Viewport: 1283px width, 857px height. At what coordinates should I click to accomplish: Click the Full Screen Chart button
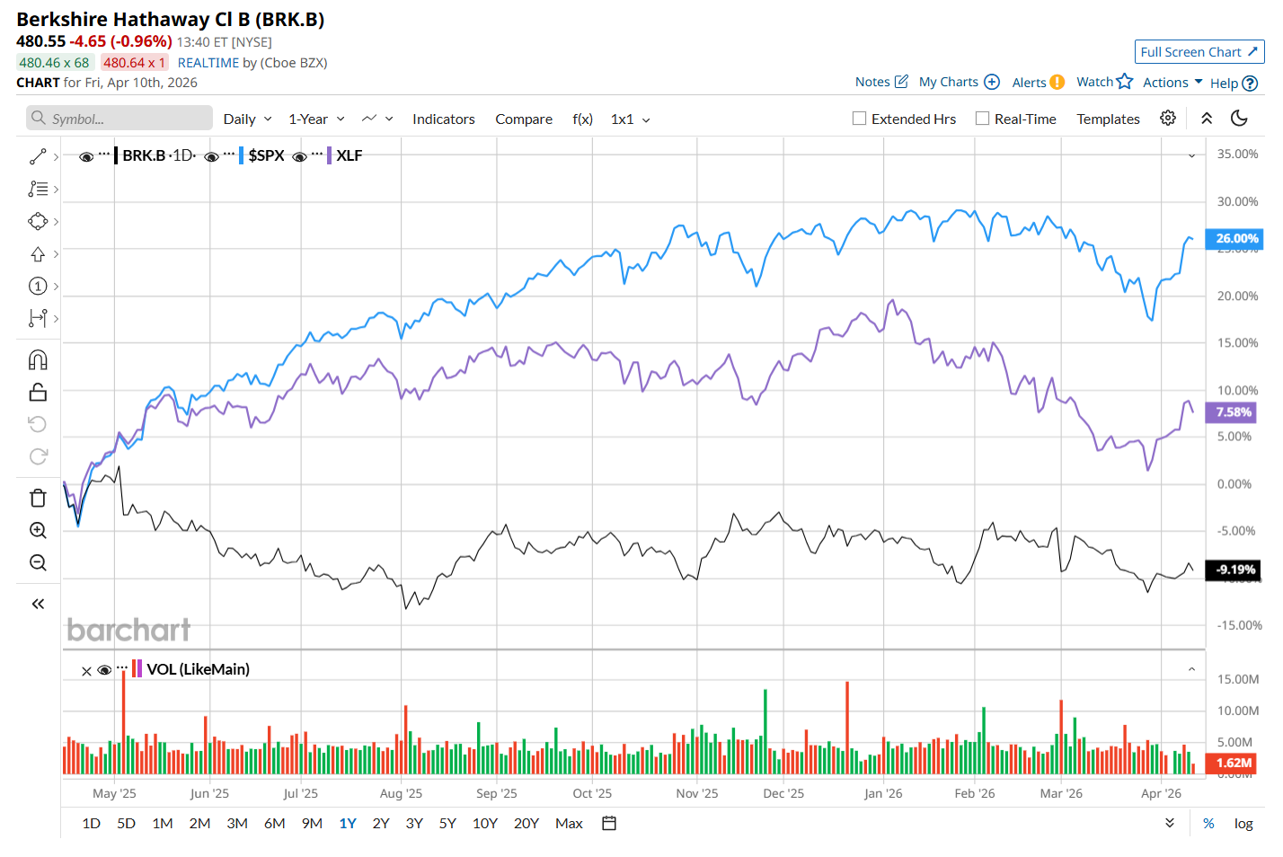(1199, 52)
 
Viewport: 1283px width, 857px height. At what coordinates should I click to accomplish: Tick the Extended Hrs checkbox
(860, 119)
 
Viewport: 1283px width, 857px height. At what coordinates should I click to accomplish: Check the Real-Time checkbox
(983, 119)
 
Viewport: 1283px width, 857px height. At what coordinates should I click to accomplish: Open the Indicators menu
(443, 119)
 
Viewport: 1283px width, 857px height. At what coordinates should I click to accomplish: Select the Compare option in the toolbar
(524, 119)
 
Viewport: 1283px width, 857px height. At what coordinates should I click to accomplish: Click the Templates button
(1108, 119)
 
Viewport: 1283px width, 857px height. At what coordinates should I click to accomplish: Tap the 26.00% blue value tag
(1236, 239)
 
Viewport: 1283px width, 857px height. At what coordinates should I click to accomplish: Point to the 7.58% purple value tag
(1233, 412)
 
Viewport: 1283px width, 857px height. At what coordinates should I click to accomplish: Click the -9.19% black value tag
(1234, 570)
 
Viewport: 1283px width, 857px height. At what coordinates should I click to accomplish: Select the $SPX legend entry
(266, 155)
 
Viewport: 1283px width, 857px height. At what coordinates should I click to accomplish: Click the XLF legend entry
(350, 155)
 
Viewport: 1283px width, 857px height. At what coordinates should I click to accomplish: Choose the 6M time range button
(274, 823)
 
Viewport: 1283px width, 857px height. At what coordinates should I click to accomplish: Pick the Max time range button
(569, 823)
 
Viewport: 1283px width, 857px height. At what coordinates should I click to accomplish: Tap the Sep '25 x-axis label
(496, 793)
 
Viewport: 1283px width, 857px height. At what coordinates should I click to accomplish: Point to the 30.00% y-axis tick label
(1237, 201)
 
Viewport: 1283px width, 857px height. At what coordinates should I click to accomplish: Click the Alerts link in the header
(1029, 83)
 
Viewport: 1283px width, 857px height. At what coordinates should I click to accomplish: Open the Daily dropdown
(247, 119)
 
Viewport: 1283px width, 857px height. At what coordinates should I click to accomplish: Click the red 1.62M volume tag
(1233, 763)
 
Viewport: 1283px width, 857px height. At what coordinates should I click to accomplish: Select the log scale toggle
(1243, 823)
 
